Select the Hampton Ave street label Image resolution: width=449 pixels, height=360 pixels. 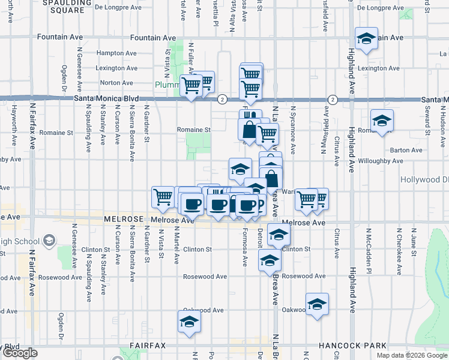113,53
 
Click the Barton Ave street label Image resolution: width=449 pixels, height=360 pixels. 406,151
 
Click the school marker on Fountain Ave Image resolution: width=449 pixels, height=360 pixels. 366,38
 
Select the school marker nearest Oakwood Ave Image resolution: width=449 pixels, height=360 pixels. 317,304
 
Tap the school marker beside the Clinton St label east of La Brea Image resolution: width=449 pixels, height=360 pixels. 278,235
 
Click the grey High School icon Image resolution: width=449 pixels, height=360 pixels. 49,241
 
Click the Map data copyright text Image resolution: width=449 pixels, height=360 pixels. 411,355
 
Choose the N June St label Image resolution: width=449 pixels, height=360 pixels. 413,242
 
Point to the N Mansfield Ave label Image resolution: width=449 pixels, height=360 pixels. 327,125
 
